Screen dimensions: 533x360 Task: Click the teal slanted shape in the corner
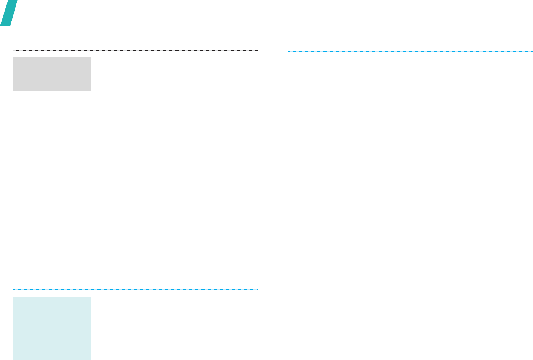[x=8, y=13]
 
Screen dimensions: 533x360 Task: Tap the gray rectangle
[x=52, y=74]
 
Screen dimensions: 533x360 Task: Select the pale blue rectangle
[x=52, y=328]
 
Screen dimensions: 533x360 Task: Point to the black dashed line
[x=135, y=50]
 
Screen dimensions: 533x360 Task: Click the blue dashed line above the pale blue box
[x=135, y=290]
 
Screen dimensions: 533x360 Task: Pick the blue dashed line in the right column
[x=410, y=51]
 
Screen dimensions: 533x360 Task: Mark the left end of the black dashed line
[x=13, y=50]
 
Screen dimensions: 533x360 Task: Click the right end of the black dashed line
[x=258, y=50]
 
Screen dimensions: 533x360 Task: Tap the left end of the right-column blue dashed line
[x=288, y=51]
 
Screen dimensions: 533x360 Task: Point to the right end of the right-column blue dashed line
[x=532, y=51]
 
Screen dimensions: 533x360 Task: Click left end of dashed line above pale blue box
[x=13, y=290]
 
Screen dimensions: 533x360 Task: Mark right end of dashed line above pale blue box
[x=258, y=290]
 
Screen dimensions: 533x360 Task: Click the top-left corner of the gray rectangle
[x=13, y=57]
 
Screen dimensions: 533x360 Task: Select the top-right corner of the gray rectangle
[x=91, y=57]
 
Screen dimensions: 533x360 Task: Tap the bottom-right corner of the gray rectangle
[x=91, y=91]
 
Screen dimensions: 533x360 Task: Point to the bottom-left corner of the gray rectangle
[x=13, y=91]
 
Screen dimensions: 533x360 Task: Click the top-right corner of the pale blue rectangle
[x=91, y=297]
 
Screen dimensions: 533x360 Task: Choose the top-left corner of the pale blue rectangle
[x=13, y=297]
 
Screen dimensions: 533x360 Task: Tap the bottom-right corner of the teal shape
[x=10, y=26]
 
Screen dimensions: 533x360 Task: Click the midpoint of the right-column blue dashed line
[x=410, y=51]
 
